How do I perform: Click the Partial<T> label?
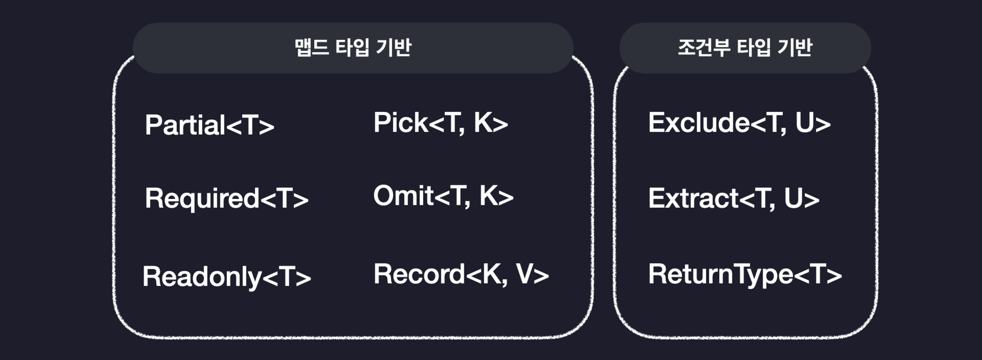[x=209, y=125]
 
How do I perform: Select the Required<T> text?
[x=226, y=198]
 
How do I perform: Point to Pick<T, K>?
[x=440, y=123]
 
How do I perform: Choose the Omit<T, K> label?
[x=443, y=196]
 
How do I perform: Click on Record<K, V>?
[x=461, y=274]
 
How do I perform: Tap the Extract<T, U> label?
[x=734, y=198]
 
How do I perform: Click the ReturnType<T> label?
[x=745, y=274]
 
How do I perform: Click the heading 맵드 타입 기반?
[x=353, y=48]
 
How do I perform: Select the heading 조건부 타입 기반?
[x=745, y=48]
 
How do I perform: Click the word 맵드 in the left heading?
[x=312, y=48]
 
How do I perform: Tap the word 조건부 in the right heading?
[x=704, y=48]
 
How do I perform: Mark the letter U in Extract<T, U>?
[x=794, y=198]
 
